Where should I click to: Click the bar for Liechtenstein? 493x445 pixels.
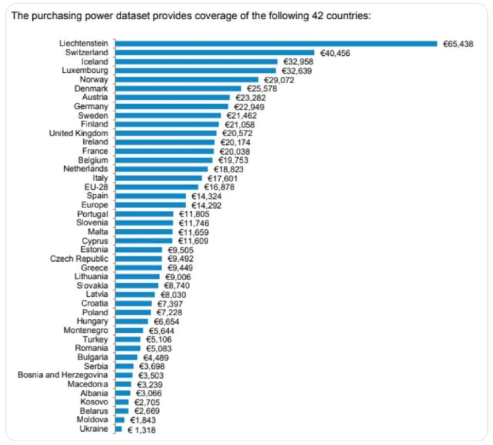click(x=276, y=44)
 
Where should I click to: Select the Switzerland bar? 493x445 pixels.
click(x=215, y=53)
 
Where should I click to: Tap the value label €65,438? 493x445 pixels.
click(x=458, y=44)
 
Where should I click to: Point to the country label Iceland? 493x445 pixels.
click(x=95, y=62)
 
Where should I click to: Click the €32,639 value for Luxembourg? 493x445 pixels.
click(x=297, y=71)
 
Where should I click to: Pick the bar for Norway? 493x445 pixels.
click(x=186, y=79)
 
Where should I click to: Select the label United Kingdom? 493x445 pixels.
click(x=79, y=133)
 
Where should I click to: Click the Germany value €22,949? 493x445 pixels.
click(x=249, y=106)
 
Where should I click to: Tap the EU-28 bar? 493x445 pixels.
click(x=157, y=187)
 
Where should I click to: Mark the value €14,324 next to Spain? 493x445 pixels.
click(x=207, y=196)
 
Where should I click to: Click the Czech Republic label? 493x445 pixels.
click(x=79, y=258)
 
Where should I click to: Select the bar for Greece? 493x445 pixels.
click(x=139, y=267)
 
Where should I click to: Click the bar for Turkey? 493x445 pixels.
click(x=128, y=339)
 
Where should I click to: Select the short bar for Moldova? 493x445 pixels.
click(x=120, y=420)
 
